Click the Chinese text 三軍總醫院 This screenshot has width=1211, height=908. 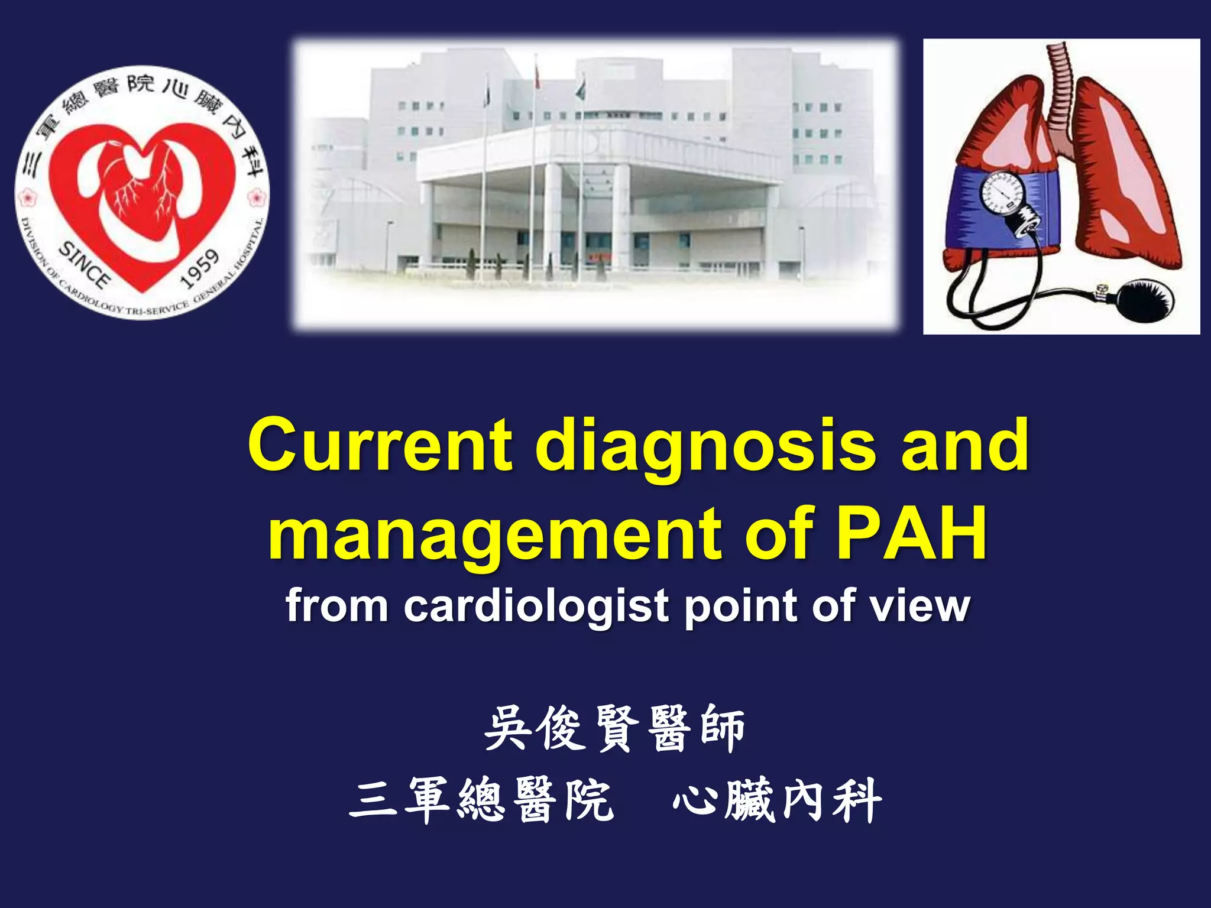pyautogui.click(x=482, y=800)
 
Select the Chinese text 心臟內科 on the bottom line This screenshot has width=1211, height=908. pyautogui.click(x=777, y=800)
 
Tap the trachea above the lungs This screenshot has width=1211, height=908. pyautogui.click(x=1061, y=89)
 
